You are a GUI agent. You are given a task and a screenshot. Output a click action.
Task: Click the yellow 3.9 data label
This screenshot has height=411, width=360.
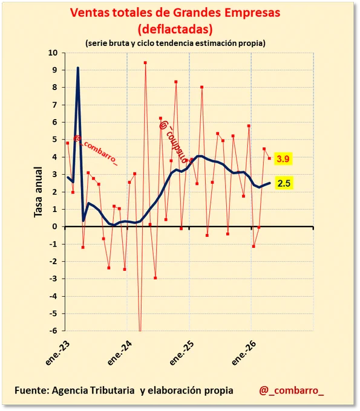[283, 158]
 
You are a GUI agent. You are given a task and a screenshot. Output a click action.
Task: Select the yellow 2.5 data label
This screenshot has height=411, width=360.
[284, 183]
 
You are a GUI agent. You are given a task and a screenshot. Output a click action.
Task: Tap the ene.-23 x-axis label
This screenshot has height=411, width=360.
[57, 353]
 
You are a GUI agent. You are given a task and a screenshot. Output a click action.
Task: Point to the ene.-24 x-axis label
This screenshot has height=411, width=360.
[120, 353]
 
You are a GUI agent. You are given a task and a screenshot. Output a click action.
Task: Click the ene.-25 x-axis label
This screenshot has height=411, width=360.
[182, 353]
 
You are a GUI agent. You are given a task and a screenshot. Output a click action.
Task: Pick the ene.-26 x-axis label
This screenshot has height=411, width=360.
[244, 353]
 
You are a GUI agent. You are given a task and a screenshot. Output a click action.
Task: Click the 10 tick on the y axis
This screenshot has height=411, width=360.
[53, 53]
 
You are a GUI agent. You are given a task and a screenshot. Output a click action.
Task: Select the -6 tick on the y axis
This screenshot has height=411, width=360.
[53, 331]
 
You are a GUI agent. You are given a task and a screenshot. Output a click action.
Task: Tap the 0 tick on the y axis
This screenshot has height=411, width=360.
[55, 227]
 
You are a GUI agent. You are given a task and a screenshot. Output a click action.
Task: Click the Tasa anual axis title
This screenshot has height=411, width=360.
[38, 192]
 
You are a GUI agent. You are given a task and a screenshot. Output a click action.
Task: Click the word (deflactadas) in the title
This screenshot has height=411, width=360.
[175, 29]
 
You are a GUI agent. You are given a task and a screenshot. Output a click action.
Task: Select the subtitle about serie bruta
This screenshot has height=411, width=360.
[175, 43]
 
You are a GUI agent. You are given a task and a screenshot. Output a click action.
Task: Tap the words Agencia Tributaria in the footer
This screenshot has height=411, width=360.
[93, 390]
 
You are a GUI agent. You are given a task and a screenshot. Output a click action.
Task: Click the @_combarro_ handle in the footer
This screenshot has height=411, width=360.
[291, 390]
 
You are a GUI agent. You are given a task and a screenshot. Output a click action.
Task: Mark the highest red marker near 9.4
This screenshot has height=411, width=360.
[145, 63]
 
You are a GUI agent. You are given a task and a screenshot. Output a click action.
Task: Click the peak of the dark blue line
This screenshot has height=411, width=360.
[78, 68]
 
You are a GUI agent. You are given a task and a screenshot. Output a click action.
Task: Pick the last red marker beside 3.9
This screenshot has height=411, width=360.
[269, 158]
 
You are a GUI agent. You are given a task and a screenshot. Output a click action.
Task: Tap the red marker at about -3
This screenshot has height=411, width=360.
[155, 278]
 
